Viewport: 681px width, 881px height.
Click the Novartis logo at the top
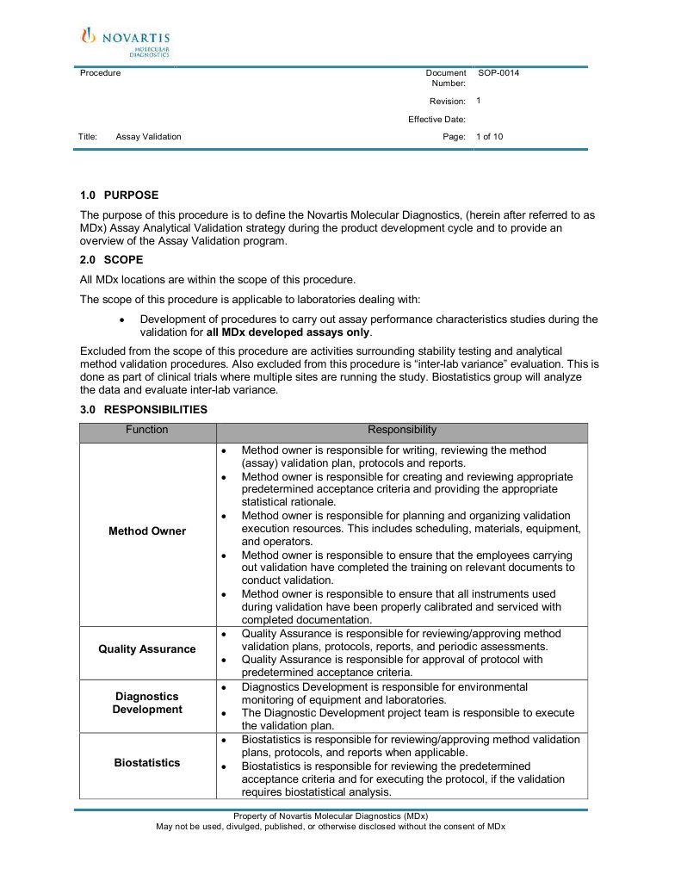point(125,41)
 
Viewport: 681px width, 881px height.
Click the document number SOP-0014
point(498,73)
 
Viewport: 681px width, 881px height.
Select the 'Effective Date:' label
point(436,120)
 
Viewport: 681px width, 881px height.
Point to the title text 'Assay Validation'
point(148,137)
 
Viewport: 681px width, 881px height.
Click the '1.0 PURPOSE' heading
point(119,195)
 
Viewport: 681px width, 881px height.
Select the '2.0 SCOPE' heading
point(111,259)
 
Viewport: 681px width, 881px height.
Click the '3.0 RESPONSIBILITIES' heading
point(143,410)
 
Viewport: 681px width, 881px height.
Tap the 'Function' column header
point(147,430)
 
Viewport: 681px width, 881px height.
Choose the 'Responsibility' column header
point(402,430)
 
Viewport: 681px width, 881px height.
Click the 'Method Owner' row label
point(147,531)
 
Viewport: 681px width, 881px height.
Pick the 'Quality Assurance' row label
point(147,649)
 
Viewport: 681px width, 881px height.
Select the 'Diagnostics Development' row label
point(147,703)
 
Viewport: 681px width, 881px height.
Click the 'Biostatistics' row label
point(147,763)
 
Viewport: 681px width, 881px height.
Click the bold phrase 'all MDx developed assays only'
point(288,332)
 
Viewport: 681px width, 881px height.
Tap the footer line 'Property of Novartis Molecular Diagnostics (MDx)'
point(331,816)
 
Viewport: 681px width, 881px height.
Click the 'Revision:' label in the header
point(447,102)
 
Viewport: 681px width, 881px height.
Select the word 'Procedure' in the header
point(100,73)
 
